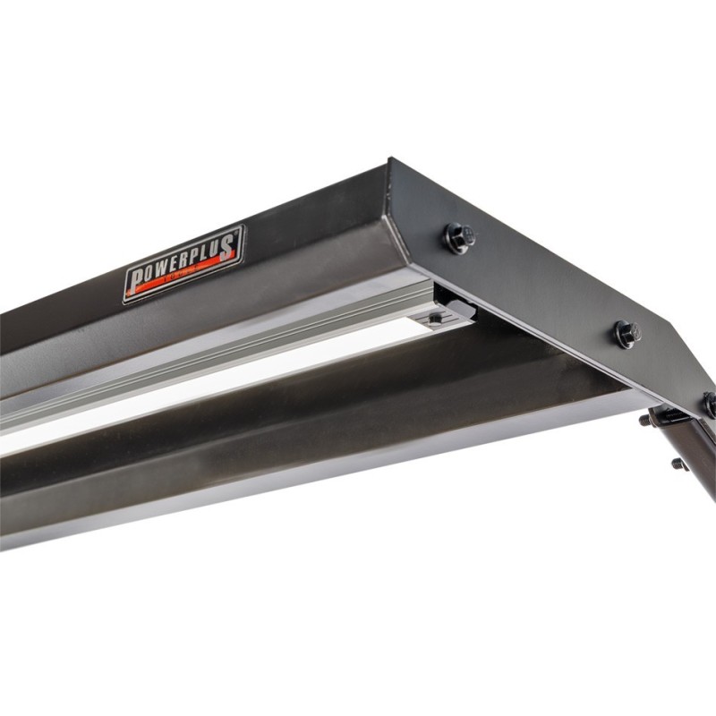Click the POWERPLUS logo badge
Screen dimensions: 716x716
click(x=183, y=264)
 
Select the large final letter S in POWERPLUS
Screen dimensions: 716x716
click(x=230, y=243)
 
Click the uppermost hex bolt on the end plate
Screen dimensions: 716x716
click(x=457, y=238)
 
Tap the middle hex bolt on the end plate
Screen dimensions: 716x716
click(x=626, y=334)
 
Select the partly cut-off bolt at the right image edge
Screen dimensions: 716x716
click(x=710, y=405)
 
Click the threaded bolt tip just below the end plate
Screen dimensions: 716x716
click(x=645, y=419)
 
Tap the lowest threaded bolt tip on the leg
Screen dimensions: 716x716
click(x=678, y=464)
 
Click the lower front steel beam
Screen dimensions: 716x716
click(x=268, y=474)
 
